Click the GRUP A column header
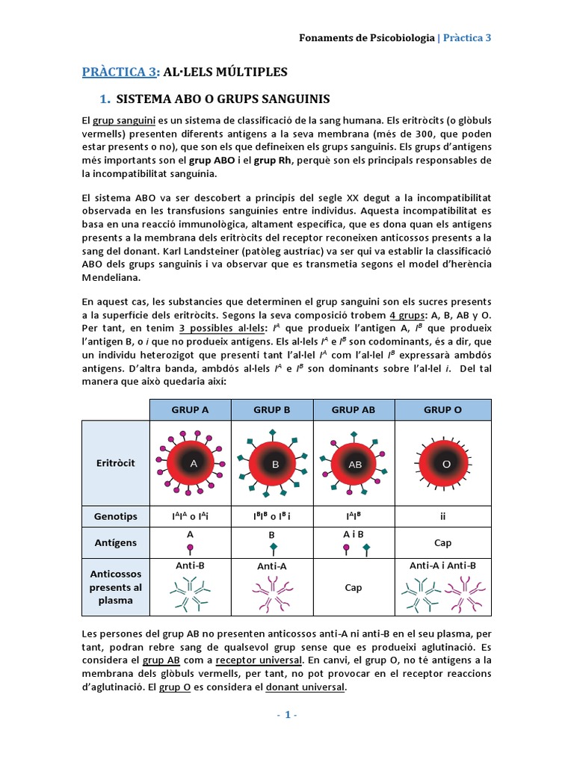coord(191,409)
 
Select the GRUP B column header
coord(272,409)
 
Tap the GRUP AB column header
coord(354,409)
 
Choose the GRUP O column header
coord(442,409)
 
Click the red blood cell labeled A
coord(193,463)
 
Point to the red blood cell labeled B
coord(274,464)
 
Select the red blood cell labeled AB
coord(355,464)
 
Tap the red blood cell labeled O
coord(446,464)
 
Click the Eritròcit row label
coord(115,463)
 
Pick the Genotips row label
coord(115,516)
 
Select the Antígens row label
coord(115,542)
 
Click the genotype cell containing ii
coord(442,516)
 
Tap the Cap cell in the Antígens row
coord(442,543)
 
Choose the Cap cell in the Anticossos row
coord(354,587)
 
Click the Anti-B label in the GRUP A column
coord(191,566)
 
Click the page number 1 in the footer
coord(287,715)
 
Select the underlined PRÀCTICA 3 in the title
coord(120,72)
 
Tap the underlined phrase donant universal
coord(305,687)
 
